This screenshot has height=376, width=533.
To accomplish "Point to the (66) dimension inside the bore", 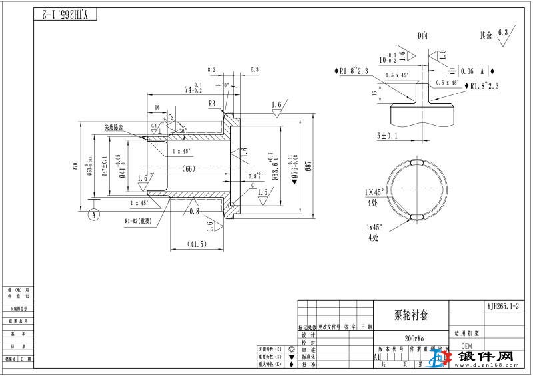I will (x=189, y=169).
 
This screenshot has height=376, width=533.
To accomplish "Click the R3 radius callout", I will (x=212, y=104).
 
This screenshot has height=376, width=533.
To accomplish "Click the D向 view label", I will (x=422, y=36).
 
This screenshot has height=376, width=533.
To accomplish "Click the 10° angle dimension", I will (x=225, y=85).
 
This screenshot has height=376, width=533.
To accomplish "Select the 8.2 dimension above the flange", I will (x=211, y=69).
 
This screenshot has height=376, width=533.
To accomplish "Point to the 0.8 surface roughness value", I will (x=195, y=211).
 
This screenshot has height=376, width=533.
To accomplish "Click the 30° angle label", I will (x=182, y=131).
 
